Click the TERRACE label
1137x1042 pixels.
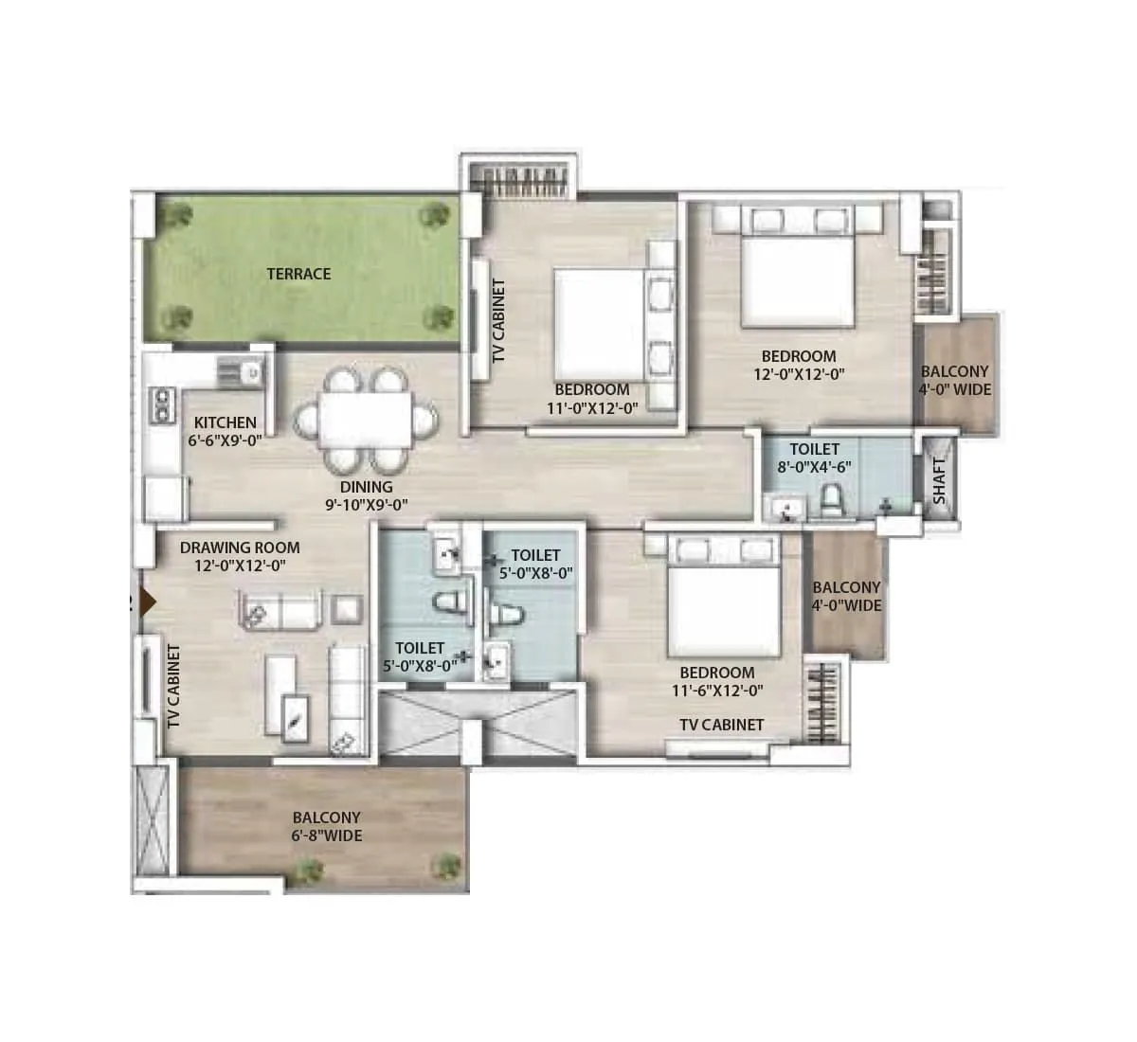(x=298, y=274)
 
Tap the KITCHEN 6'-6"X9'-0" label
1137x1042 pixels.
(x=225, y=431)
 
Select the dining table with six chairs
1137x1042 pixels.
(x=365, y=421)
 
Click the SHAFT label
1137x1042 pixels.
(x=938, y=480)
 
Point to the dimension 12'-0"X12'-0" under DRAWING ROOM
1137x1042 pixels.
(x=240, y=565)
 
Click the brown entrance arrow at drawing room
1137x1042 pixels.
(x=146, y=602)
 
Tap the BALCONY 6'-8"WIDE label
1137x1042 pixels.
(x=326, y=826)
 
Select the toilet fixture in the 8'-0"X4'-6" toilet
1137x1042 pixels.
(x=831, y=499)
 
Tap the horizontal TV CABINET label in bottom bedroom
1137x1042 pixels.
(x=721, y=725)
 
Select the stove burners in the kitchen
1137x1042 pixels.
(x=164, y=404)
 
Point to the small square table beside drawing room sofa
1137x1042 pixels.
(x=348, y=607)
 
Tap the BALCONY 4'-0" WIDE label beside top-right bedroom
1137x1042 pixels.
(x=954, y=381)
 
